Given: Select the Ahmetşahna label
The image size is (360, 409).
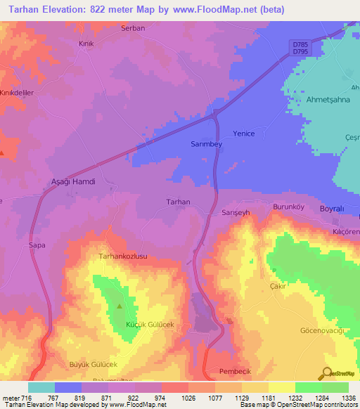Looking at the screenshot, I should tap(327, 99).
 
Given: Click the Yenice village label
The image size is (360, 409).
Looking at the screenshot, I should tap(243, 134).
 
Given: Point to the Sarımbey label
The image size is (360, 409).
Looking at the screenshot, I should tap(206, 143).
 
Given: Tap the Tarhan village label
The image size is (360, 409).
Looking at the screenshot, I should tap(178, 202).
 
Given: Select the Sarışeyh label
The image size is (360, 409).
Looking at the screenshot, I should tap(236, 212).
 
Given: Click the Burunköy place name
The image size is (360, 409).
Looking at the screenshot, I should tap(288, 207).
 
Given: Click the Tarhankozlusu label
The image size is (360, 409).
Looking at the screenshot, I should tap(122, 257).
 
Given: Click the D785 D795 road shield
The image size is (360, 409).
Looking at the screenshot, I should tap(300, 48).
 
